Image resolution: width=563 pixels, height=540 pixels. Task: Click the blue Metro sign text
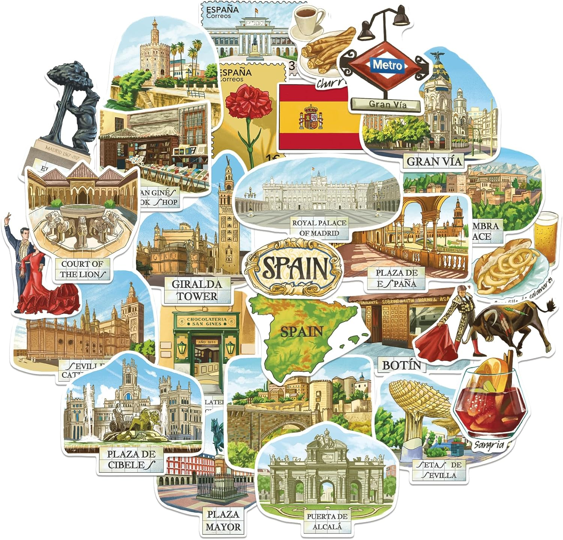pos(388,65)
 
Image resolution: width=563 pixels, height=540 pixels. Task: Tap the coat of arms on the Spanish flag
pos(310,117)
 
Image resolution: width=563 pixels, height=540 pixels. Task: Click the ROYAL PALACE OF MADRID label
pos(319,228)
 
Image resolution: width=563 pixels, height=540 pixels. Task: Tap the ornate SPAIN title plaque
pos(294,267)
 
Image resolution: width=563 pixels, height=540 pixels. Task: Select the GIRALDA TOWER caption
pos(197,290)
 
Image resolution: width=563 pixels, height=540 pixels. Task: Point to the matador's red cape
pos(435,342)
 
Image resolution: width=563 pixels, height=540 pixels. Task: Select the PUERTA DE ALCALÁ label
pos(327,522)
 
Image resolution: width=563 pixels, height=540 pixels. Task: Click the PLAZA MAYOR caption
pos(223,520)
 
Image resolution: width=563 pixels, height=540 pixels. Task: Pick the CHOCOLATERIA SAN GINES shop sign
pos(207,321)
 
